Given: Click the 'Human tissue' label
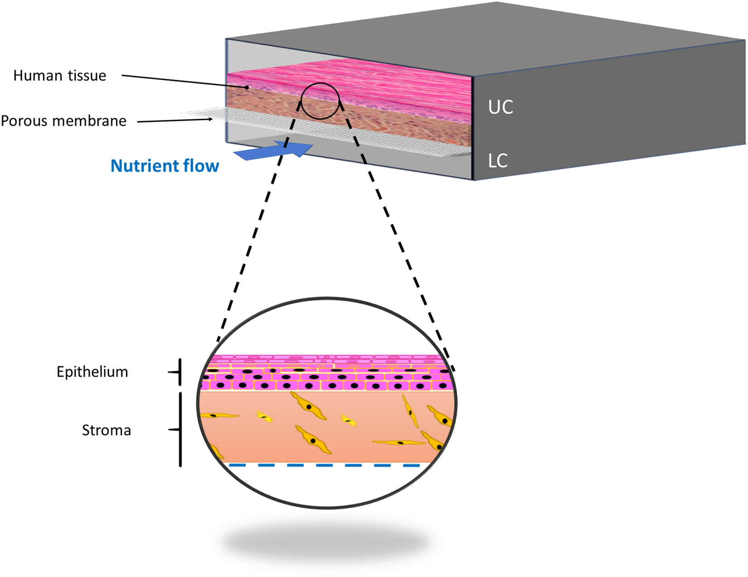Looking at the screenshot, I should [x=60, y=76].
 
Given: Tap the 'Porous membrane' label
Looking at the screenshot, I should [x=63, y=121].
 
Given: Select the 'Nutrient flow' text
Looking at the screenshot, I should [x=164, y=166].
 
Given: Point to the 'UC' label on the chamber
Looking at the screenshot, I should [x=500, y=107].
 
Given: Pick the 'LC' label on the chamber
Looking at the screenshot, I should [x=498, y=161].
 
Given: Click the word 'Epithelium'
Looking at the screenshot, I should [x=92, y=372].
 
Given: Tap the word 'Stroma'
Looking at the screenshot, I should [x=106, y=430].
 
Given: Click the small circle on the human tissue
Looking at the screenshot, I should [x=320, y=101].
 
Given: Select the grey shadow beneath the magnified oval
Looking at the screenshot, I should [x=326, y=542].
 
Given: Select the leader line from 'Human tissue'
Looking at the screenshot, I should [x=181, y=81].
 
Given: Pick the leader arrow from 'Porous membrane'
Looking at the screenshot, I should [x=174, y=121].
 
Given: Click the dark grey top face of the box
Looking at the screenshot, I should [x=498, y=36].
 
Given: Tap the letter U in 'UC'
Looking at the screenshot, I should [x=494, y=107].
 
